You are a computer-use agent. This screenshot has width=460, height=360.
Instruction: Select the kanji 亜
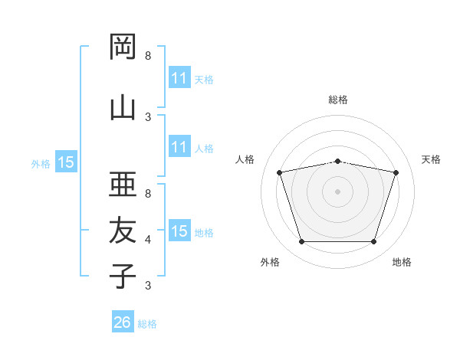(123, 183)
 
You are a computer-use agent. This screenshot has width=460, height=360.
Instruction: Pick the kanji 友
(123, 229)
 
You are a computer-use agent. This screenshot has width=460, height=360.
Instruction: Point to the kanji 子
(123, 275)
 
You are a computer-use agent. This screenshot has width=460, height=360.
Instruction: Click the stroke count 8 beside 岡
(148, 56)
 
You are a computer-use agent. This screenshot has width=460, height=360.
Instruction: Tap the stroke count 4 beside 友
(148, 240)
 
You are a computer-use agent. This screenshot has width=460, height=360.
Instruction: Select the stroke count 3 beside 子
(148, 286)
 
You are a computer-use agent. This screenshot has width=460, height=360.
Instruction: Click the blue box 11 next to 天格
(179, 78)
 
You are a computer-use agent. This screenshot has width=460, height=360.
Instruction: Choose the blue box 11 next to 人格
(179, 147)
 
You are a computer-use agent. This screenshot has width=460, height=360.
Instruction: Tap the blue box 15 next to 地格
(179, 231)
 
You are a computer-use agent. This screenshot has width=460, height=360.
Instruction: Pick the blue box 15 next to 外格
(65, 162)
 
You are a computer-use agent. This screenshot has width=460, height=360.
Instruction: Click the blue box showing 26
(122, 323)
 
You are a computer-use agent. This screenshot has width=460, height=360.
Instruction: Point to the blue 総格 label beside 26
(147, 324)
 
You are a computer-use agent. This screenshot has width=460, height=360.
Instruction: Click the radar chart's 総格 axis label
(338, 100)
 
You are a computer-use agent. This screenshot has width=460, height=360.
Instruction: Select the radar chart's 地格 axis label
(402, 263)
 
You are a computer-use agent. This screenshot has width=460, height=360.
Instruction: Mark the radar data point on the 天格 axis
(396, 172)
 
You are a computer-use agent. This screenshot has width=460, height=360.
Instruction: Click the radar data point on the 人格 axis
(279, 172)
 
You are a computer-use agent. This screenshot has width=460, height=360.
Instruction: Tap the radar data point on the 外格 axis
(301, 242)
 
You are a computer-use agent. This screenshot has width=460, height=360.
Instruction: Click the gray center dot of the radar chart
(337, 191)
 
